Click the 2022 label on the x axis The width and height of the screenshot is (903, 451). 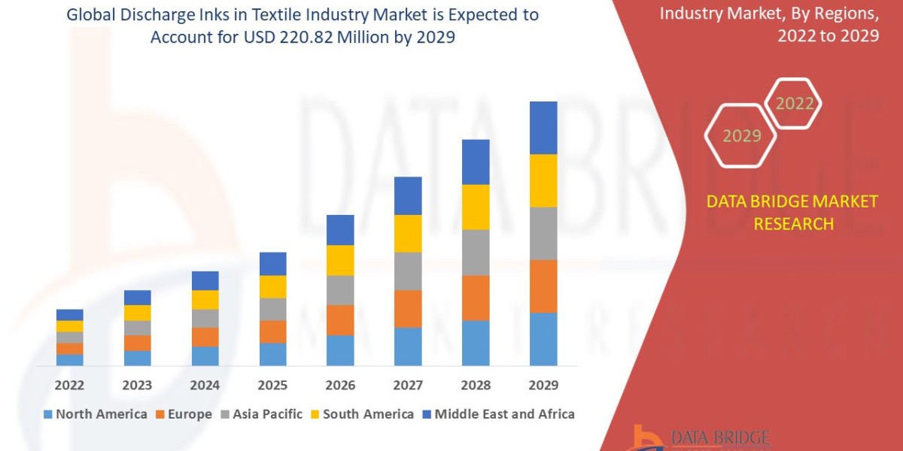(69, 386)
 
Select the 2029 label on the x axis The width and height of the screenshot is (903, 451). (543, 386)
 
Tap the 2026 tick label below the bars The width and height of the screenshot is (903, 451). (340, 386)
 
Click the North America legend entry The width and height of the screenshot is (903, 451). (96, 414)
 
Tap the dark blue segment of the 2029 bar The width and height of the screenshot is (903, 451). (543, 128)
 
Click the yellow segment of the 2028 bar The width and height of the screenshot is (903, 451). (476, 207)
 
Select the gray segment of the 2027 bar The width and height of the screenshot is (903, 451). (408, 271)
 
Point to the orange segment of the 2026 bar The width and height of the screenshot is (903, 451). (340, 320)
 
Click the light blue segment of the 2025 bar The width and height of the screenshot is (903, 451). (272, 354)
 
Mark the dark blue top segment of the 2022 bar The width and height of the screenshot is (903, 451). (69, 315)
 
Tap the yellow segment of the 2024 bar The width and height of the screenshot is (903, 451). (205, 299)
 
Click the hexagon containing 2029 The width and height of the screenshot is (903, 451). (740, 136)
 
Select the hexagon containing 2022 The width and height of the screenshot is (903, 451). (794, 104)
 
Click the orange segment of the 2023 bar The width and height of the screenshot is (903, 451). (137, 343)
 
